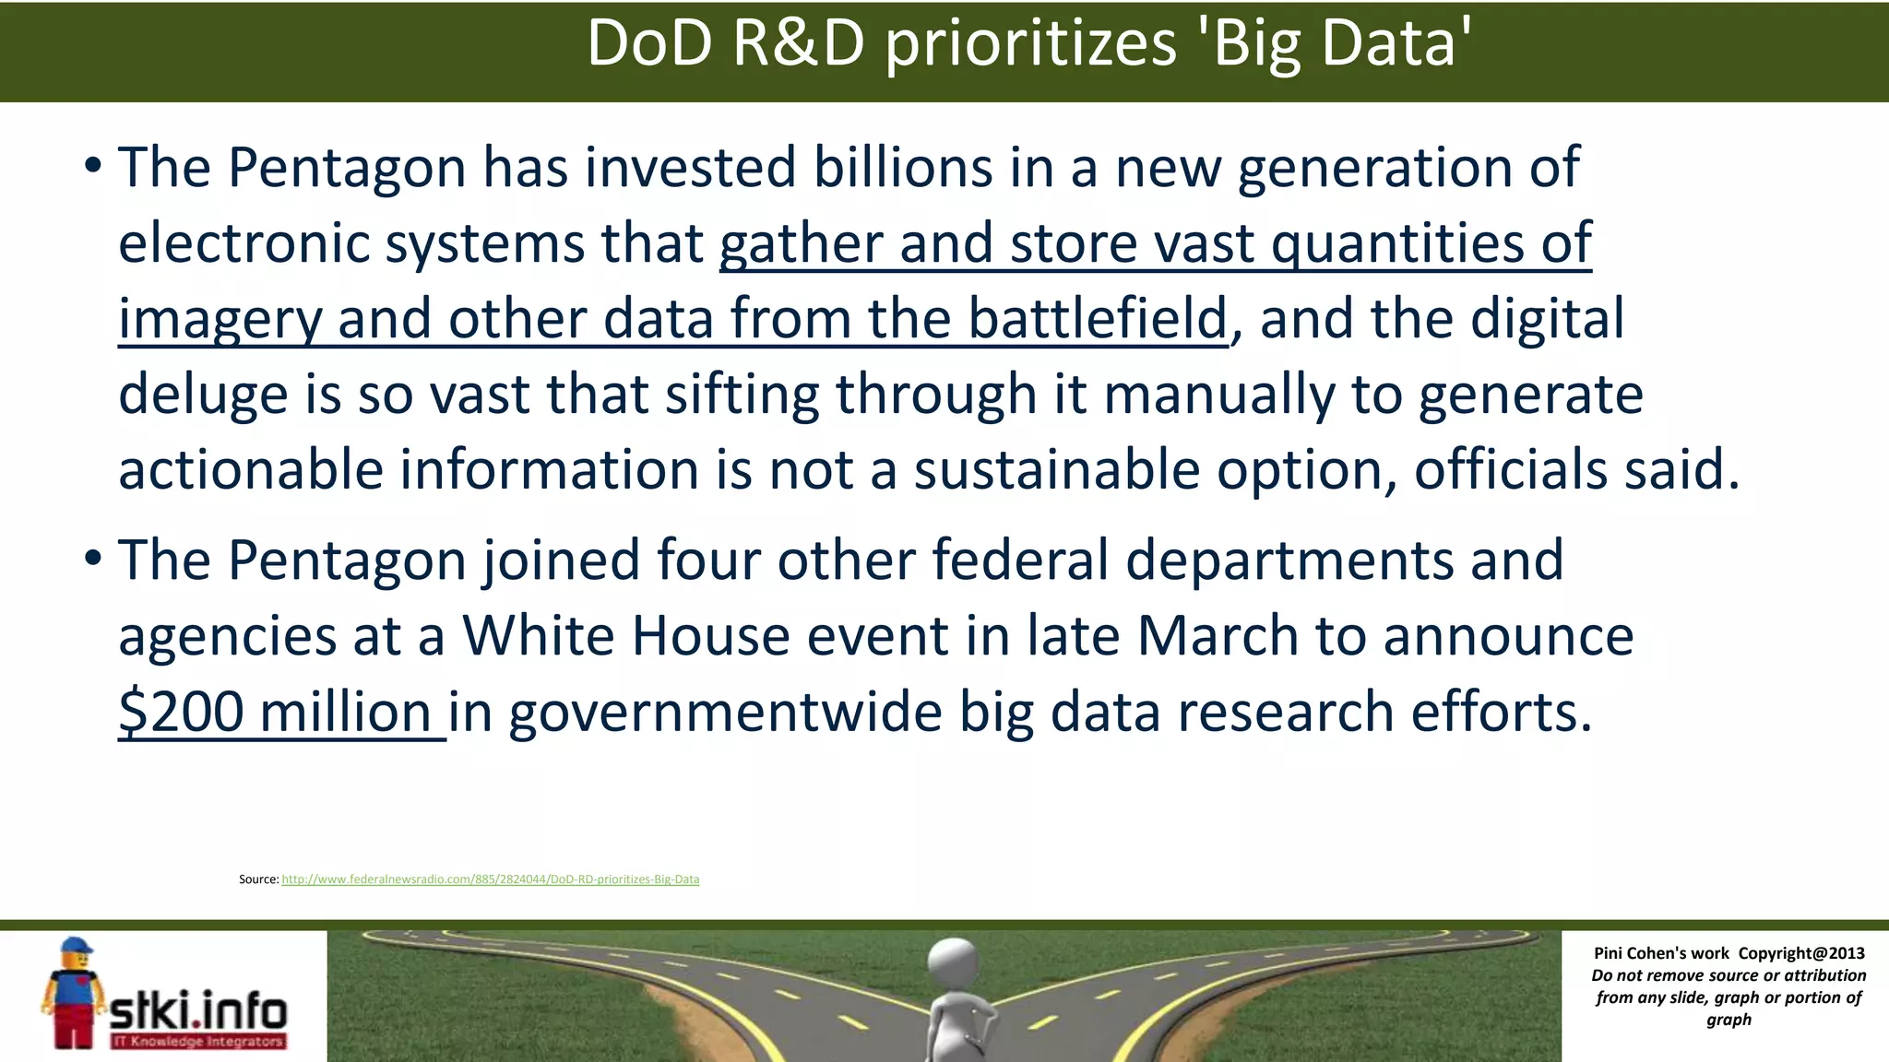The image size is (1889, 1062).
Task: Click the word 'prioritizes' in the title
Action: [1030, 44]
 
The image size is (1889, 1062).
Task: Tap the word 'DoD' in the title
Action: [649, 44]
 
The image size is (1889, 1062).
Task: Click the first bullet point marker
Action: [91, 167]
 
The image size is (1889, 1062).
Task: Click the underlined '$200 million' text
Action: [275, 713]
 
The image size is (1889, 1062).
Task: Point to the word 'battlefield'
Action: [1098, 318]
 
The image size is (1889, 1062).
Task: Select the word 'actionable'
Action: [251, 470]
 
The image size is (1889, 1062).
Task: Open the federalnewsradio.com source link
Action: [490, 879]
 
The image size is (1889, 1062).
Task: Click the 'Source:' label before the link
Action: [258, 879]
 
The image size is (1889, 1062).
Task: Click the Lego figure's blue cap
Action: [76, 947]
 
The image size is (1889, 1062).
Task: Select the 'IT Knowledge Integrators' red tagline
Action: [197, 1042]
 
